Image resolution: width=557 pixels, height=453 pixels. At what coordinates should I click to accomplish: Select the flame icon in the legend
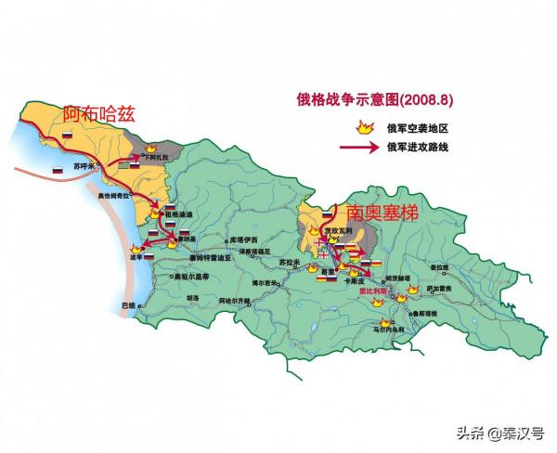click(x=353, y=129)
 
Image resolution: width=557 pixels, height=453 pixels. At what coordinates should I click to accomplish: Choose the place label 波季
click(x=139, y=257)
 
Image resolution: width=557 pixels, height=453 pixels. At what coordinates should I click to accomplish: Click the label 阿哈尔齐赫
click(x=227, y=302)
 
